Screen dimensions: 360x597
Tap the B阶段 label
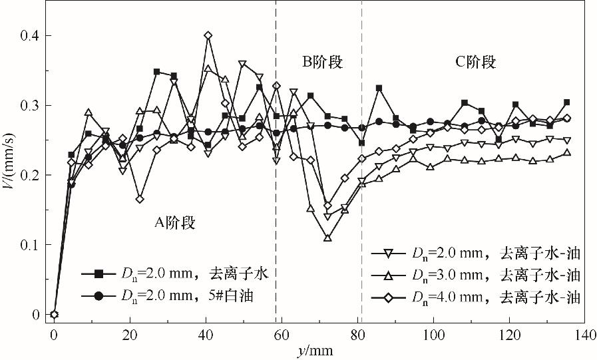click(x=322, y=63)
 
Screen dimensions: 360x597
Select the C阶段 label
click(x=475, y=63)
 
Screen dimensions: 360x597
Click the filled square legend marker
click(x=99, y=273)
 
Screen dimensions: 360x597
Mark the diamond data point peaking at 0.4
click(x=208, y=35)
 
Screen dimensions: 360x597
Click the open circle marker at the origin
click(x=55, y=315)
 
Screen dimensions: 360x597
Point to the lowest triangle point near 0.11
click(x=327, y=237)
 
